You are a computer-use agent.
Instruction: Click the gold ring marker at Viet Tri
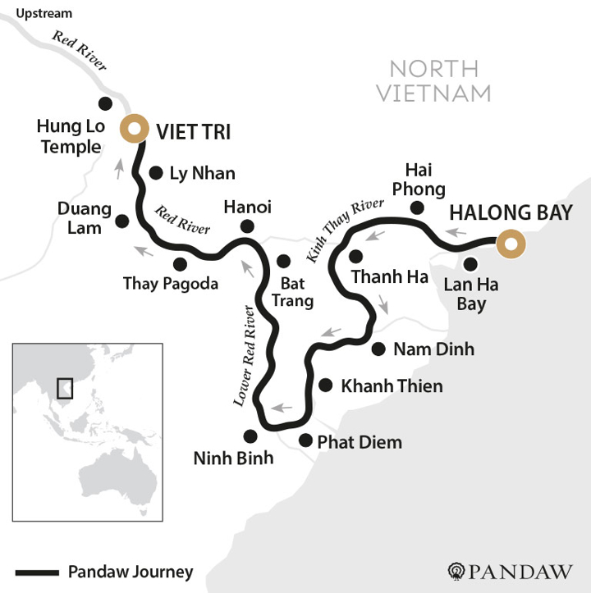[x=134, y=129]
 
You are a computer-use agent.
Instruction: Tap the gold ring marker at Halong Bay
[x=511, y=244]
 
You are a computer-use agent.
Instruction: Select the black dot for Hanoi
[x=248, y=226]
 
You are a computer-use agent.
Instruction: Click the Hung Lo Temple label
[x=69, y=137]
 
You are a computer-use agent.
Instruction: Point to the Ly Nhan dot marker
[x=156, y=172]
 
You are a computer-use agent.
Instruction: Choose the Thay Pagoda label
[x=171, y=284]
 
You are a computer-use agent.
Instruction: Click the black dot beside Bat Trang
[x=283, y=261]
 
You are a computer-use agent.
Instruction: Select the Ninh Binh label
[x=233, y=458]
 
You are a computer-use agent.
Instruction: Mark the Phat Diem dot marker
[x=305, y=440]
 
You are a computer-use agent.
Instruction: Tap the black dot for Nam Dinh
[x=378, y=349]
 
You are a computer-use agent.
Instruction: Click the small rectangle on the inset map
[x=64, y=387]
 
